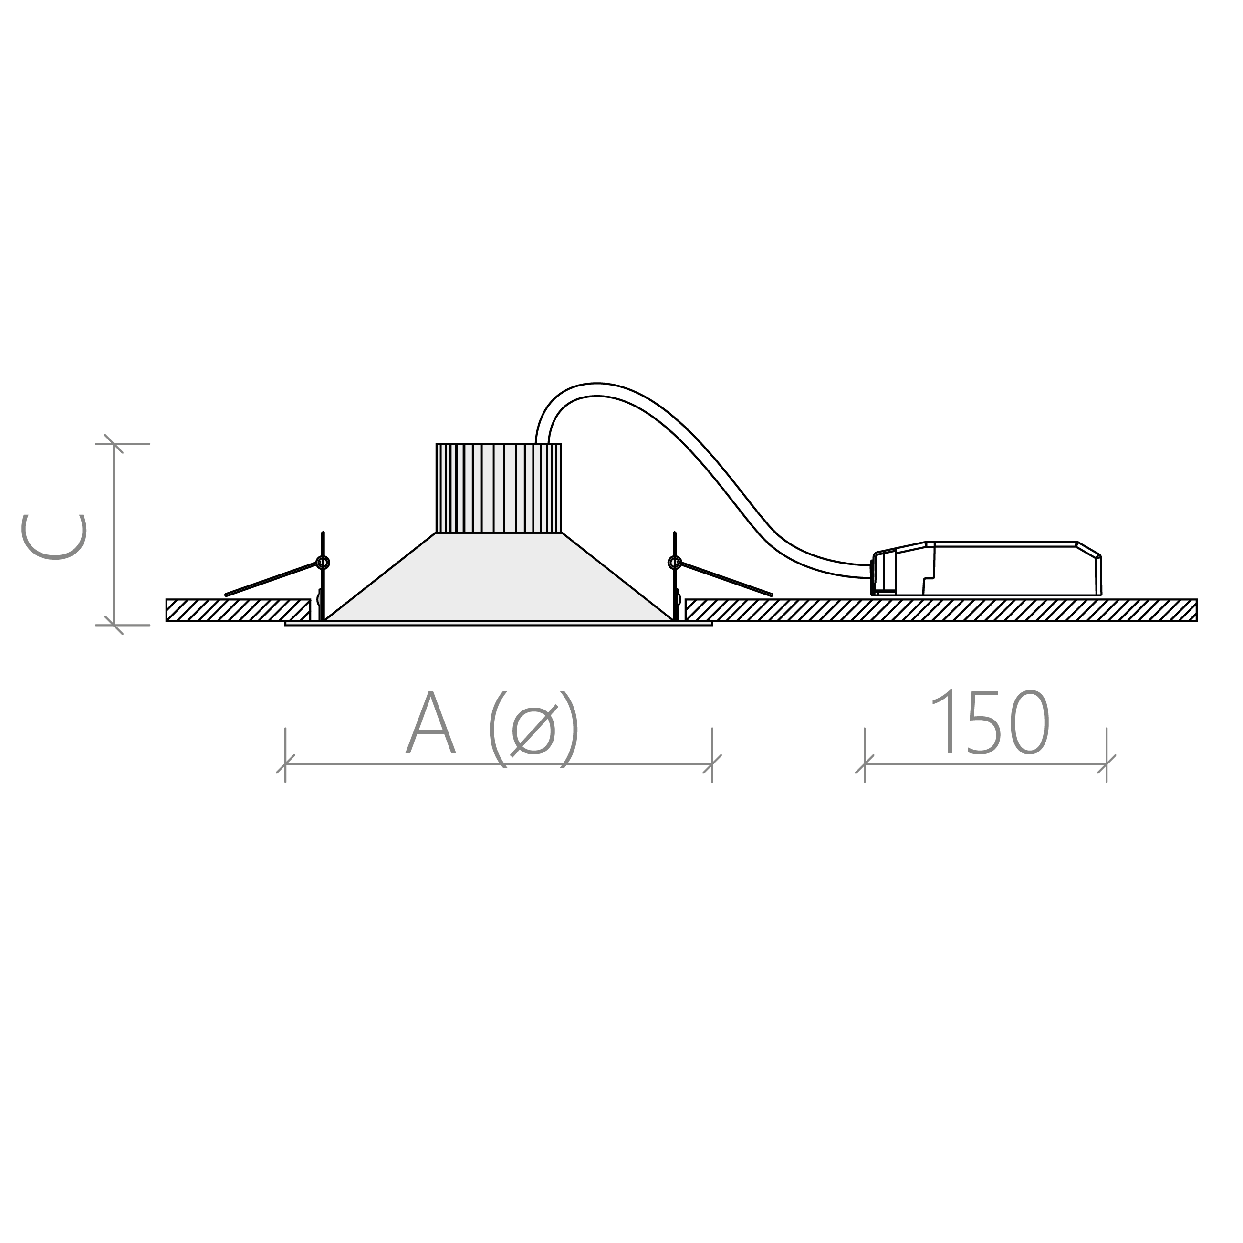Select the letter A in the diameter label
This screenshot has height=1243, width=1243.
point(430,722)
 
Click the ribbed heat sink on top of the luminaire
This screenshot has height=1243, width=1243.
point(499,488)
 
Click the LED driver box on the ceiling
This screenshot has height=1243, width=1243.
point(986,569)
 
